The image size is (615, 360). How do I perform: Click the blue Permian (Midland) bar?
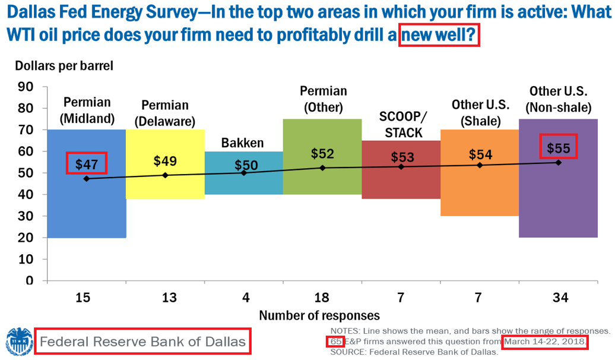point(87,204)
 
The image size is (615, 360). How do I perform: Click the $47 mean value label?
point(86,164)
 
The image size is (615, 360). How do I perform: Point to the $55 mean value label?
point(559,148)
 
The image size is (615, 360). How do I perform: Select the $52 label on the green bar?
point(322,153)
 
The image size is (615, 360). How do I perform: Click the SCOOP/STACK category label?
point(403,124)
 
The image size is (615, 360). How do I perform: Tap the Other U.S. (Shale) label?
point(480,113)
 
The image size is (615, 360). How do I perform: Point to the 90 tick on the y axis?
point(25,87)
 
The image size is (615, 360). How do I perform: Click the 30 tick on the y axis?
point(25,216)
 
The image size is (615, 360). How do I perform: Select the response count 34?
point(560,298)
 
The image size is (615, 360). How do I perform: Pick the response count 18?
point(322,298)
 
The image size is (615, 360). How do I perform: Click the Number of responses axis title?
point(319,315)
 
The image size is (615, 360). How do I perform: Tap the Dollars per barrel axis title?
point(64,65)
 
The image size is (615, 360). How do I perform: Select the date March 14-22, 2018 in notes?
point(545,342)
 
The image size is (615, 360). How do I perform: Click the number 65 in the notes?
point(336,342)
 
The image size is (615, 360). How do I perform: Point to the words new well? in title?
point(439,34)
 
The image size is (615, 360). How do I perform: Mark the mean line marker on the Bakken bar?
point(243,173)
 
